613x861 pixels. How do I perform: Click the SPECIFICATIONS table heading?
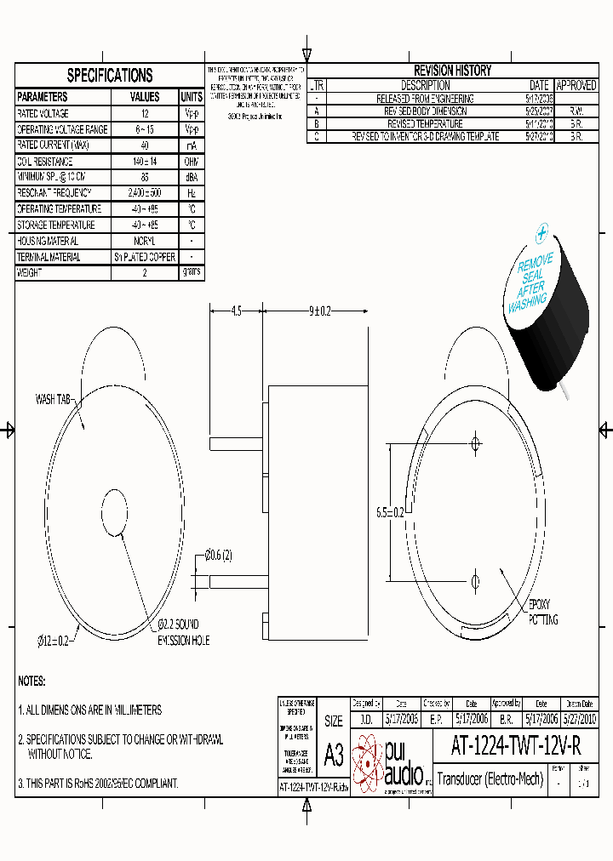click(110, 76)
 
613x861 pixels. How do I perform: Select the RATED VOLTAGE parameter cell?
click(43, 113)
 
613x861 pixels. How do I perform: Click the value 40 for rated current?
click(145, 145)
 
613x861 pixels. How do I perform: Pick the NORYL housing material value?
click(145, 242)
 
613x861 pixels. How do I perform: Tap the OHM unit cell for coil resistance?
click(192, 162)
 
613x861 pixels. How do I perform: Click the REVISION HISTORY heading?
click(452, 71)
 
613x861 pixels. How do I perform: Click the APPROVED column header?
click(576, 85)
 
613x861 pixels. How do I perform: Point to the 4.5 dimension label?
click(236, 312)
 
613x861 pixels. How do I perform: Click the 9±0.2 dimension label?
click(319, 312)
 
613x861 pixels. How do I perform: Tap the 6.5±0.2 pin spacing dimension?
click(390, 512)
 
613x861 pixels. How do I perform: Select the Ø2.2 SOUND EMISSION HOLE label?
click(182, 633)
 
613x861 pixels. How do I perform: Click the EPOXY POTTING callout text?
click(543, 612)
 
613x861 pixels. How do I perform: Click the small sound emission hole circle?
click(117, 513)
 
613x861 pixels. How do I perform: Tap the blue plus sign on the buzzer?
click(541, 230)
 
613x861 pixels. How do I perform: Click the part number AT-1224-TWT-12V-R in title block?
click(516, 746)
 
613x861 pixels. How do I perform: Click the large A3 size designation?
click(334, 757)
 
